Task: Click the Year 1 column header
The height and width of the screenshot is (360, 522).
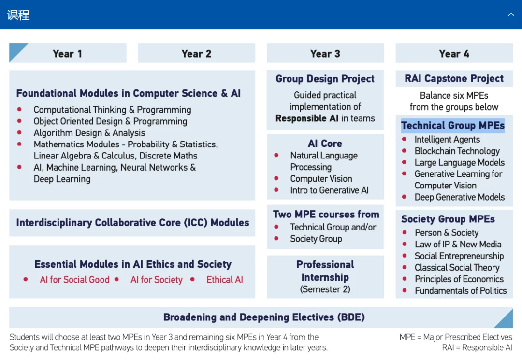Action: coord(67,54)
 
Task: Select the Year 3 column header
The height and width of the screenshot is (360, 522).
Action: coord(325,54)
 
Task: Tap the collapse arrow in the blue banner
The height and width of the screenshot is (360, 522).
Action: coord(511,14)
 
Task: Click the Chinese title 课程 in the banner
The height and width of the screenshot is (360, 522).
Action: coord(18,15)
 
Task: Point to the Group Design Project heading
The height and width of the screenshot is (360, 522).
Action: coord(325,79)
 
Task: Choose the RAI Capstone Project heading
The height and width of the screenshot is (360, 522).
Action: coord(454,78)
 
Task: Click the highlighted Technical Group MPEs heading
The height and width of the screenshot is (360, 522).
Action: coord(453,126)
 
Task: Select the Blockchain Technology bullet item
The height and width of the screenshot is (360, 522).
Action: coord(457,151)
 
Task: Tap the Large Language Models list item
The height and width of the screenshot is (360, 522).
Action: coord(460,162)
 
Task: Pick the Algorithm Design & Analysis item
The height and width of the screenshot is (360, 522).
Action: coord(89,133)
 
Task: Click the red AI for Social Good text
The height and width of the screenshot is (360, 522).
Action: coord(74,279)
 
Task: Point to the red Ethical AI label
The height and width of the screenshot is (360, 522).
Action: coord(225,279)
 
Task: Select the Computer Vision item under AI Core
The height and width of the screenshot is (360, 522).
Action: coord(321,179)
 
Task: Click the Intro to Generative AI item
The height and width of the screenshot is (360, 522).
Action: coord(329,190)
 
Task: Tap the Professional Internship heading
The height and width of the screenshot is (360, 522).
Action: coord(325,271)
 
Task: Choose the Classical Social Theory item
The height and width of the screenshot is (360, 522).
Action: coord(457,268)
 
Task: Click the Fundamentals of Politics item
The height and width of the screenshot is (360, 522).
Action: coord(461,291)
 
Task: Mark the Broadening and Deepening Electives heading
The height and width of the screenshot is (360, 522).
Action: coord(264,317)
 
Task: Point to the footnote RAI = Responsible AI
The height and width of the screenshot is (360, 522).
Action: coord(477,348)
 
